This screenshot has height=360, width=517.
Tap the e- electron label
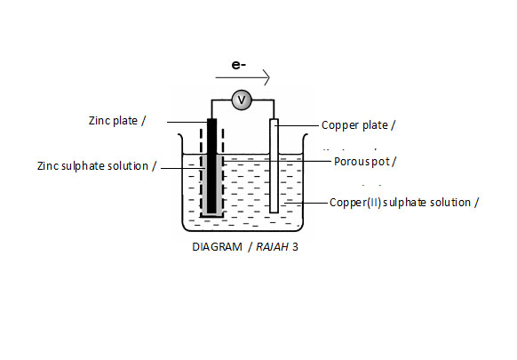238,65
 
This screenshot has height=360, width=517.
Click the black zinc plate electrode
211,164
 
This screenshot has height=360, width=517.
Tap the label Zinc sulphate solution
97,166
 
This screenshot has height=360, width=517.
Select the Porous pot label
364,162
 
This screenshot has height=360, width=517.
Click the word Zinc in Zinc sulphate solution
48,166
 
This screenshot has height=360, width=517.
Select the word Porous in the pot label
351,162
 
